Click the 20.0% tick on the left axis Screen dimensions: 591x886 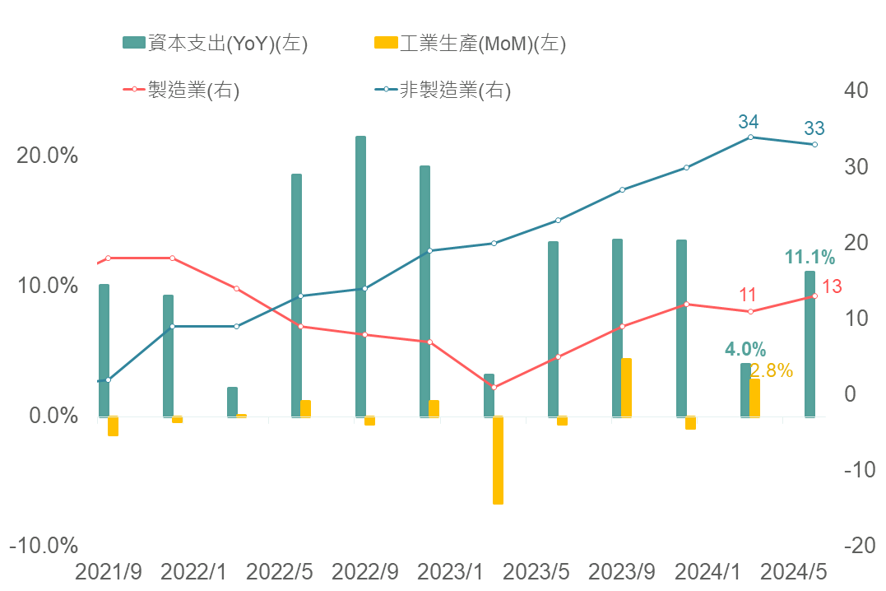click(48, 156)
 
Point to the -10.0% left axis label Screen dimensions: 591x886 click(44, 546)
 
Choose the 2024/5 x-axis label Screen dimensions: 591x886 click(793, 572)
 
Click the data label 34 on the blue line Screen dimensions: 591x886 click(748, 122)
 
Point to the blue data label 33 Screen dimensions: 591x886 click(814, 128)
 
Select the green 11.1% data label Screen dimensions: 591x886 click(809, 258)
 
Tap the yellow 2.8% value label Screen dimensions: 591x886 click(772, 370)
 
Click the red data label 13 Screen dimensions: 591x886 click(832, 286)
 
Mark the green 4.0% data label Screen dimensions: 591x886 click(745, 349)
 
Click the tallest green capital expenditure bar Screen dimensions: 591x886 click(360, 276)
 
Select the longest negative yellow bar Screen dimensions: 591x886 click(498, 460)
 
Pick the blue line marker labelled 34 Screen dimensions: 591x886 click(750, 137)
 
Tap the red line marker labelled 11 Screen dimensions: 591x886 click(750, 311)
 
